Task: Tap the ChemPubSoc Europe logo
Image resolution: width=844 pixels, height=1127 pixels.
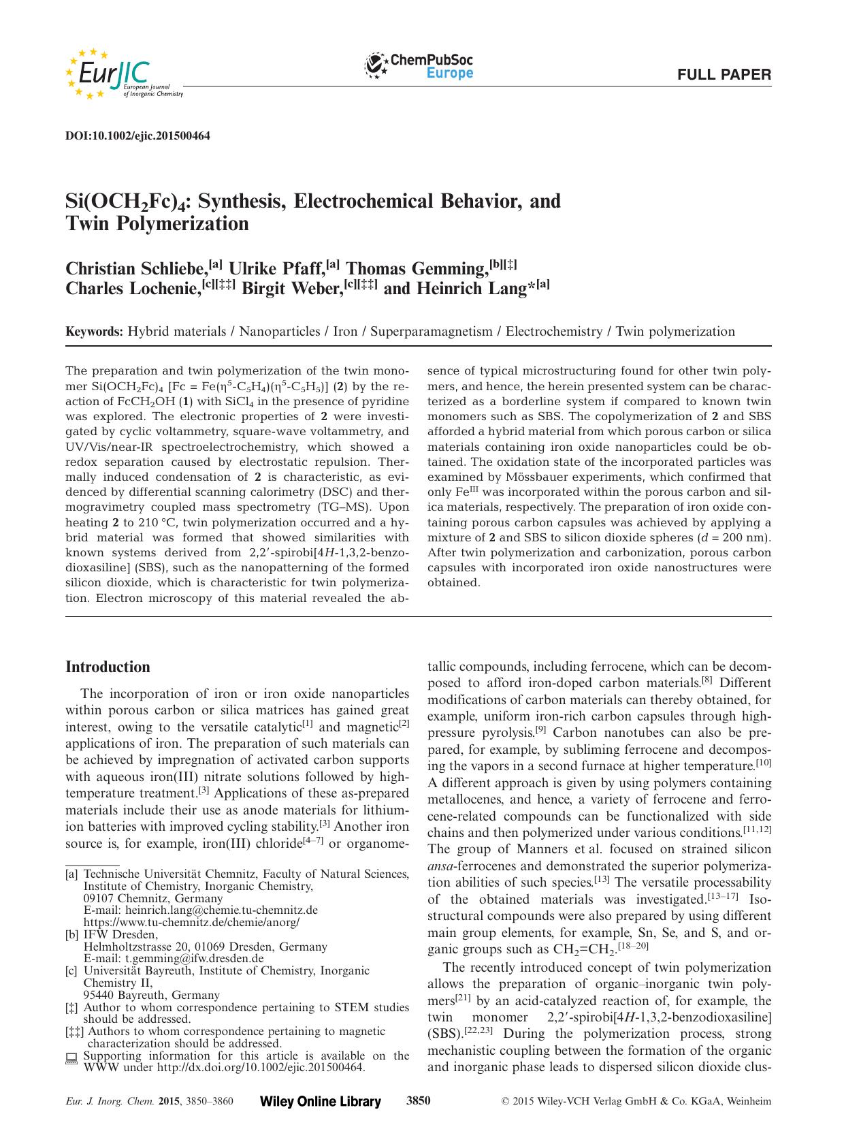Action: (x=419, y=67)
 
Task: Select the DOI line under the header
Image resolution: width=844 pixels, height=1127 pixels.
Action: (x=137, y=136)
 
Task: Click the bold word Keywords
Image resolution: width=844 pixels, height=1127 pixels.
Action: (x=94, y=332)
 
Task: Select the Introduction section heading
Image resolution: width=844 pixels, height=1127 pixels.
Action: (x=108, y=667)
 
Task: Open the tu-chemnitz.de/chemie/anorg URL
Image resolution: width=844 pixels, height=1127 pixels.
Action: (x=191, y=922)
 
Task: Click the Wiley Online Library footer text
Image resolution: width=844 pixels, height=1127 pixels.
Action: (x=321, y=1101)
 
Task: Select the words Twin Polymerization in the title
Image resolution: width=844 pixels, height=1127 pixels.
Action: (x=157, y=223)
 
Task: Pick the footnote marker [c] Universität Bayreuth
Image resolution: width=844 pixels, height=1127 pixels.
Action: (x=71, y=970)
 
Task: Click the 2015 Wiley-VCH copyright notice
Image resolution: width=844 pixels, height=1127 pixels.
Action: (x=636, y=1101)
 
